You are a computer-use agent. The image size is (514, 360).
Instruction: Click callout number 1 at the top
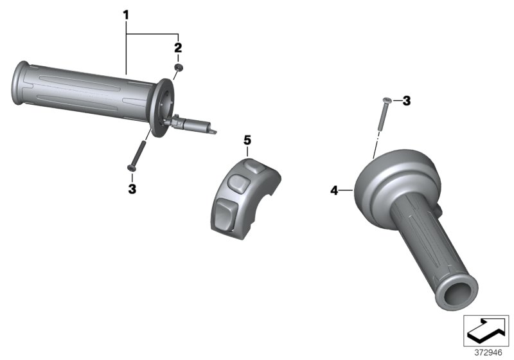[x=127, y=13]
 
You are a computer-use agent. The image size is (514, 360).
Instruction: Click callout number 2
[x=178, y=47]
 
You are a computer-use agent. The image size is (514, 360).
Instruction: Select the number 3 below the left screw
[x=132, y=188]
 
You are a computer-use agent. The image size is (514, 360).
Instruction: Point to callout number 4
[x=333, y=190]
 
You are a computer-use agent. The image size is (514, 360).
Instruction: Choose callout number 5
[x=247, y=139]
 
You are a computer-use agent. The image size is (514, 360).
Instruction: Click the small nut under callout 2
[x=177, y=67]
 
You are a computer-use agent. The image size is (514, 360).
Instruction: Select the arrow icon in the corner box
[x=485, y=331]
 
